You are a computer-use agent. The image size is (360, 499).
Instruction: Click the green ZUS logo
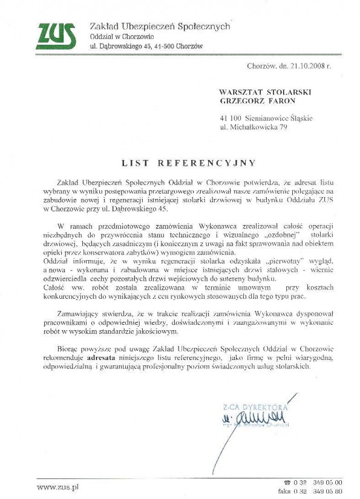tap(56, 36)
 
